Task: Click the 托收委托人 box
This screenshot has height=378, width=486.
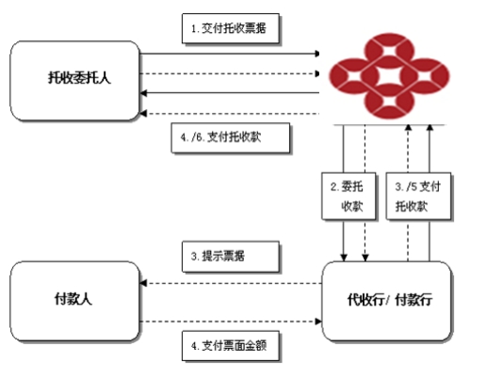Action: [x=74, y=81]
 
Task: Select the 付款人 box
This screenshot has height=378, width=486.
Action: [x=74, y=301]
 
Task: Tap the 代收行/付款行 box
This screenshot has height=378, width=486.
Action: [x=387, y=301]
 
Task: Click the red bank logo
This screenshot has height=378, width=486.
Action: [x=389, y=76]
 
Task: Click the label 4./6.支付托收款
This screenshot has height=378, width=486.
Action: [x=231, y=137]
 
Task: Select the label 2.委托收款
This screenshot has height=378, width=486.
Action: [x=348, y=196]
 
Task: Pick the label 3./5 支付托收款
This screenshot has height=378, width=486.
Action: [x=418, y=196]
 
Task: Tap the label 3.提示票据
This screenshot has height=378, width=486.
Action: [x=231, y=256]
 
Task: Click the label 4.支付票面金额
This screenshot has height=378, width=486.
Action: [x=231, y=346]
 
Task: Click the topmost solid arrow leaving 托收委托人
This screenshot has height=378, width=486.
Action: [x=230, y=54]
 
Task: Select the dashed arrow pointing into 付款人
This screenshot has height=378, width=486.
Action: [x=231, y=283]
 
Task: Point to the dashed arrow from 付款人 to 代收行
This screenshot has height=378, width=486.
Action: [x=231, y=322]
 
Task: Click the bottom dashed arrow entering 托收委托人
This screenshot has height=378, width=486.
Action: [x=230, y=114]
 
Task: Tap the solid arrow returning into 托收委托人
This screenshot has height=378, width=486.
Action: [x=230, y=93]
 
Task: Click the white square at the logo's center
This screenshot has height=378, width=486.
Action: [x=389, y=76]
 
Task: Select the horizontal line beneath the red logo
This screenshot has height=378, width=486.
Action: [x=389, y=125]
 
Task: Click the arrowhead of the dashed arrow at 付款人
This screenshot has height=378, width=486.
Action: [x=143, y=283]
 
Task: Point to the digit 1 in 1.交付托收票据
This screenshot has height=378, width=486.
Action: [x=194, y=29]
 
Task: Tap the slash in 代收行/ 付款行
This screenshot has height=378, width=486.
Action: [x=388, y=300]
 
